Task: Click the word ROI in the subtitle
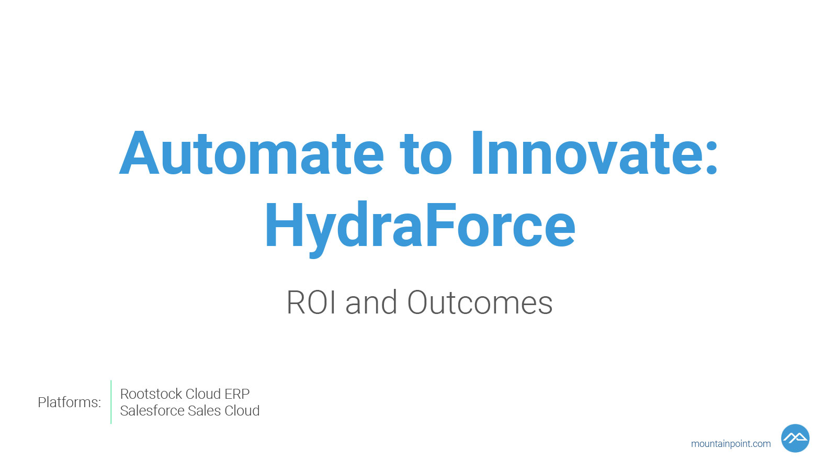coord(311,302)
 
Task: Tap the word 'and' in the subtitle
coord(371,302)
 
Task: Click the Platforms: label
coord(70,402)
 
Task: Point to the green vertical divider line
coord(111,402)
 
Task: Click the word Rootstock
coord(151,394)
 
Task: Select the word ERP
coord(237,394)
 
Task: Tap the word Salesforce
coord(152,410)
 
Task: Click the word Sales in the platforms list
coord(204,410)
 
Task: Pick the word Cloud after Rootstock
coord(203,394)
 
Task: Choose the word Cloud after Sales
coord(242,410)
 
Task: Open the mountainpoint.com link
coord(730,444)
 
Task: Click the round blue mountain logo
coord(795,438)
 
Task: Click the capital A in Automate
coord(139,153)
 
